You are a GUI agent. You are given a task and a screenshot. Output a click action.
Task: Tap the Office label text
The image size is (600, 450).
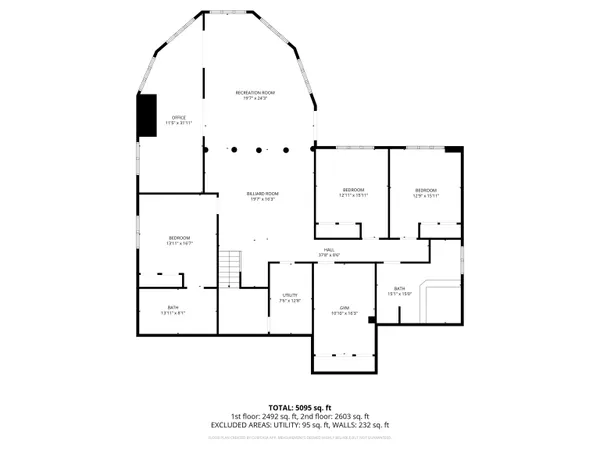(179, 120)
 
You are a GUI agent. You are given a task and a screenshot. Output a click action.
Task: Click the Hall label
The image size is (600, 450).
(329, 253)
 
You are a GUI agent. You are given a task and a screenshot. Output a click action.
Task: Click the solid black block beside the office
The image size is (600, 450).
(147, 115)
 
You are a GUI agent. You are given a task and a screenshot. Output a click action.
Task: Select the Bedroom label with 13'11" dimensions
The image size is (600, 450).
(179, 240)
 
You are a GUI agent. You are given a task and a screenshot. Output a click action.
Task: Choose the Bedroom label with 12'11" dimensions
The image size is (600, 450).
(354, 192)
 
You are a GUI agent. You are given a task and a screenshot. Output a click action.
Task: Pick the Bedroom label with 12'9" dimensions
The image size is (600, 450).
(426, 192)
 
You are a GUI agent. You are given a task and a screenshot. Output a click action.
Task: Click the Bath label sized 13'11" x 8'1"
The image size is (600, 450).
(173, 310)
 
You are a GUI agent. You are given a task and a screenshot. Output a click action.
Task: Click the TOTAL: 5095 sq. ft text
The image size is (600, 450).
(300, 407)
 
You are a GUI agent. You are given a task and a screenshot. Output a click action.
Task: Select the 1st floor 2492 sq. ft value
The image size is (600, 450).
(266, 416)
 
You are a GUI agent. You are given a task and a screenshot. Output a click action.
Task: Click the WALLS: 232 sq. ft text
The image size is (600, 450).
(359, 425)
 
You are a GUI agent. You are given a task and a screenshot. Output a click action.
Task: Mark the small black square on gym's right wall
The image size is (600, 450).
(371, 320)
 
